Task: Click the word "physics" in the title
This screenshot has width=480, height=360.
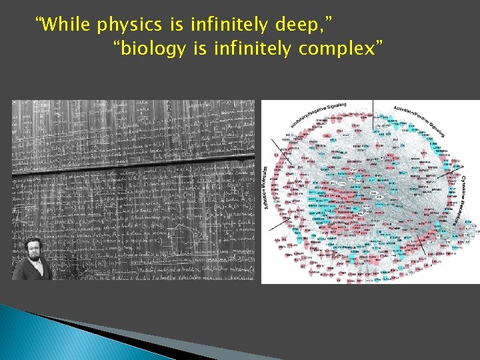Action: click(128, 26)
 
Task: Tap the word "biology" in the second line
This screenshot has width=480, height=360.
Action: click(153, 49)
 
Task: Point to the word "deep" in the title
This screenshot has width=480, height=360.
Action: click(297, 26)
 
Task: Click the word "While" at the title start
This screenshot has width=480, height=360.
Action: click(65, 25)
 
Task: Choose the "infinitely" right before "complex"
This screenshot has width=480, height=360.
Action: click(253, 48)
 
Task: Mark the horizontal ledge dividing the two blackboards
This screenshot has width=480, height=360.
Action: click(133, 165)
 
